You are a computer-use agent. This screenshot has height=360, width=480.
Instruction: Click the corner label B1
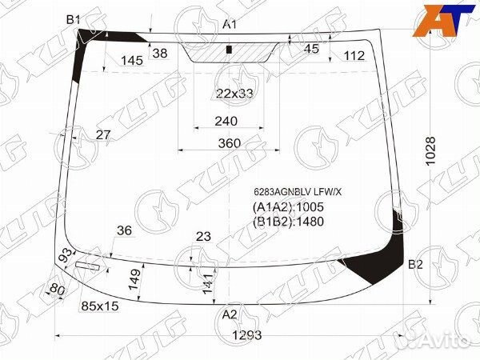[73, 20]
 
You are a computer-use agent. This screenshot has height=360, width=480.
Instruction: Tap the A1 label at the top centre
[230, 24]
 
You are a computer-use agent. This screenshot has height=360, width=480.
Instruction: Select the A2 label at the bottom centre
[230, 314]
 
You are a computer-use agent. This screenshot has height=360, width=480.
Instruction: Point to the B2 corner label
[415, 264]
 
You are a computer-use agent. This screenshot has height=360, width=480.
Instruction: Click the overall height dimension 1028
[430, 151]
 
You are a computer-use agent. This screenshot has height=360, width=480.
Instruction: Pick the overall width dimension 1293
[247, 335]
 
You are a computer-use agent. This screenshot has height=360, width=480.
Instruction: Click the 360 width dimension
[230, 143]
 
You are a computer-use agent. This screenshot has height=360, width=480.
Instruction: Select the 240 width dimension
[226, 122]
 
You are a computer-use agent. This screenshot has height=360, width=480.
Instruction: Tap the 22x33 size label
[234, 94]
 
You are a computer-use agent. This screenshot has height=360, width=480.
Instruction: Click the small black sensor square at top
[228, 50]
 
